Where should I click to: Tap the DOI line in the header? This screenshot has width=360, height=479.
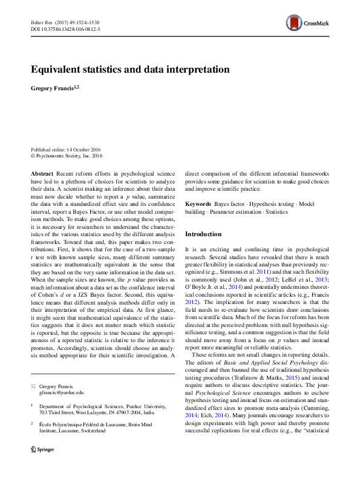[65, 29]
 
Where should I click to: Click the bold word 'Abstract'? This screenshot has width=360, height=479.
[42, 173]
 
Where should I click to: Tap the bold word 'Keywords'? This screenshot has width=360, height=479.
[198, 205]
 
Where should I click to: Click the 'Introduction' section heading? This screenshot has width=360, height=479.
[203, 234]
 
